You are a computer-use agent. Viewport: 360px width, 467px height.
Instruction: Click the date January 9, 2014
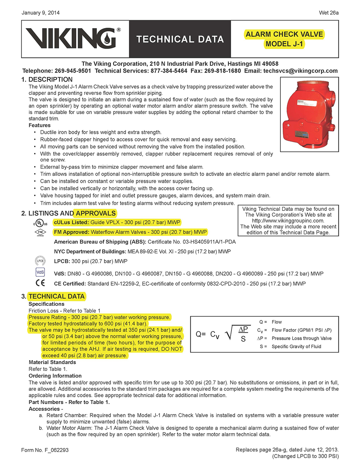(x=41, y=13)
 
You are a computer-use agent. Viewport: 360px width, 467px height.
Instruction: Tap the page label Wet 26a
(x=328, y=13)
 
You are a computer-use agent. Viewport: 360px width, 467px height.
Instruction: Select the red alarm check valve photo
(x=309, y=115)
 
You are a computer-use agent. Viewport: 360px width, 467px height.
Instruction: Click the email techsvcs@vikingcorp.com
(x=300, y=71)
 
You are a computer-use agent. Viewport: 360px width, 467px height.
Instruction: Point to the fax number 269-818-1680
(x=222, y=71)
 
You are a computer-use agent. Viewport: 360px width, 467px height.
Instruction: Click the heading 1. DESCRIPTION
(x=47, y=80)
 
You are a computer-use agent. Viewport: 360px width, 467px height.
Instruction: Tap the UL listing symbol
(x=40, y=223)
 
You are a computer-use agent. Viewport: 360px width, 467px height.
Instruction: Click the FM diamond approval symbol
(x=40, y=232)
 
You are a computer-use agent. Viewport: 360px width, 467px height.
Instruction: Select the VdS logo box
(x=40, y=272)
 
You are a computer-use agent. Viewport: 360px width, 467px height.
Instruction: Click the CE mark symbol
(x=40, y=283)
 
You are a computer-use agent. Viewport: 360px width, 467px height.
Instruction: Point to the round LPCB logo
(x=40, y=261)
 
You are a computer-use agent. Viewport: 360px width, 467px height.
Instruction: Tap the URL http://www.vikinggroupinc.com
(x=288, y=221)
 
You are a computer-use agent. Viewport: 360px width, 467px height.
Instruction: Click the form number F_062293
(x=45, y=450)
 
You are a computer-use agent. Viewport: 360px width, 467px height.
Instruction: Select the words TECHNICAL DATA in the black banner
(x=180, y=39)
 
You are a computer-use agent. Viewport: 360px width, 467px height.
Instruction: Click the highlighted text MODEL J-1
(x=284, y=44)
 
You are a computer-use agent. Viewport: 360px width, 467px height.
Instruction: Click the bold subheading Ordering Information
(x=55, y=376)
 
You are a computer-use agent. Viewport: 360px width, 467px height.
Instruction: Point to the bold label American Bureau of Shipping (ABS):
(x=100, y=242)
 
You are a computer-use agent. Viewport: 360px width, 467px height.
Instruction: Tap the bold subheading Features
(x=40, y=125)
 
